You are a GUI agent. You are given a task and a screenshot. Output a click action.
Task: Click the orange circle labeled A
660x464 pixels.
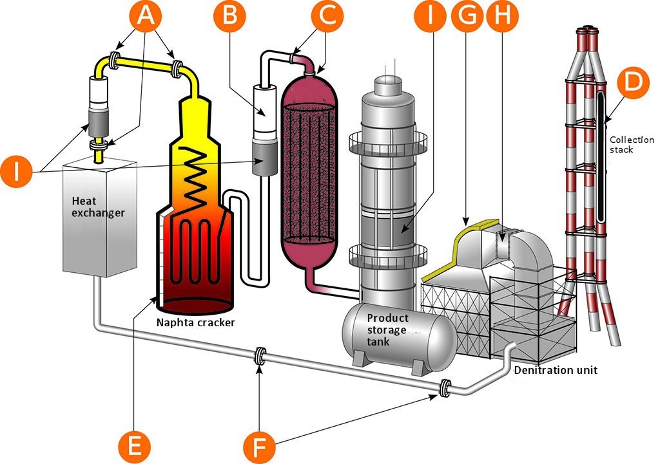coord(145,16)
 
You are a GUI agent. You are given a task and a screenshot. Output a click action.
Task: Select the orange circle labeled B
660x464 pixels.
coord(229,16)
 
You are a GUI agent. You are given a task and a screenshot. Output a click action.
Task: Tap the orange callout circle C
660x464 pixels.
coord(327,16)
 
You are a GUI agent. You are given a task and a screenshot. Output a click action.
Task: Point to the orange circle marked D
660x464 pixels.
coord(633,82)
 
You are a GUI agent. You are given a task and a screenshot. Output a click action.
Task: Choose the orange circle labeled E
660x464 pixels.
coord(134,446)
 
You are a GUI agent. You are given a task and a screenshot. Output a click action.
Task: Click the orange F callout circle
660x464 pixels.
coord(260,447)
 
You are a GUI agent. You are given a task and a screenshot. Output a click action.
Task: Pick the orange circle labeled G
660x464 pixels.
coord(467,16)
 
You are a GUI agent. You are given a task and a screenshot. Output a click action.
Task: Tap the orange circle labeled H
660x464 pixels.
coord(502,16)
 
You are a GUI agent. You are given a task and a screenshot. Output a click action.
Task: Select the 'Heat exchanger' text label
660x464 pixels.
coord(98,207)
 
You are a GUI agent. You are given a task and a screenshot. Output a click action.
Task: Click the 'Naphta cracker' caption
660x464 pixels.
coord(195,322)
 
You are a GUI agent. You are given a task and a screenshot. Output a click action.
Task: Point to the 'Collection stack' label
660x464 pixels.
coord(632,144)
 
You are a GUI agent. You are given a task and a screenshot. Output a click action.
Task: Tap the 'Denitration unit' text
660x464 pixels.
coord(556,370)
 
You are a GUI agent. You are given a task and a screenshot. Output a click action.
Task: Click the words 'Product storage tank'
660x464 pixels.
coord(387,329)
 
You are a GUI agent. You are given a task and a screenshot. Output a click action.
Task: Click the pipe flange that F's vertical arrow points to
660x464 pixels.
coord(260,357)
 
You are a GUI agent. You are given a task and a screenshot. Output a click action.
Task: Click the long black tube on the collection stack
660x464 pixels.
coord(601,153)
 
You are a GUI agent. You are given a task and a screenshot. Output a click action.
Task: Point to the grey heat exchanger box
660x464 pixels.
coord(100,219)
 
